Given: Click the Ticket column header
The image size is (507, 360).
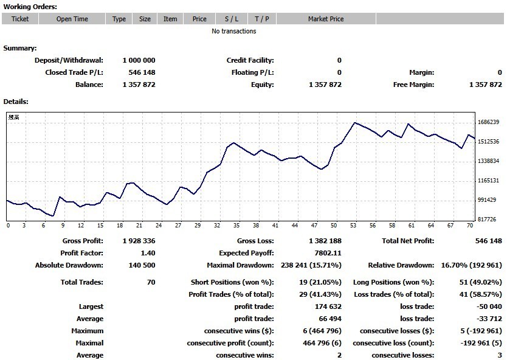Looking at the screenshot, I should point(20,19).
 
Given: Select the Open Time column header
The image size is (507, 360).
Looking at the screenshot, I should point(72,19).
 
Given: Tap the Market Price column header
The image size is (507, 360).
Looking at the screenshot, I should point(326,19).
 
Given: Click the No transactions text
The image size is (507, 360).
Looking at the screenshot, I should point(234,31).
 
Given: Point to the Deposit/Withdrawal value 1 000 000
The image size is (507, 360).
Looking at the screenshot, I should point(139,60).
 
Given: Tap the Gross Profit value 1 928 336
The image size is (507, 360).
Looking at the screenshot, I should point(139,241).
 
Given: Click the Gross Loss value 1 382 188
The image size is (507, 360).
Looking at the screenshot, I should point(325,241).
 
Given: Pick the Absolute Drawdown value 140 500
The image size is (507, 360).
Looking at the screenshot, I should point(142,265).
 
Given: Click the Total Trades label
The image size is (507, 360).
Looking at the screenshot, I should point(82,282).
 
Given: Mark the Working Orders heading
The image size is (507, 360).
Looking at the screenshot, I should point(30,7).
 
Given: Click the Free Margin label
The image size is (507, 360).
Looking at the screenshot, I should point(413,85).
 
